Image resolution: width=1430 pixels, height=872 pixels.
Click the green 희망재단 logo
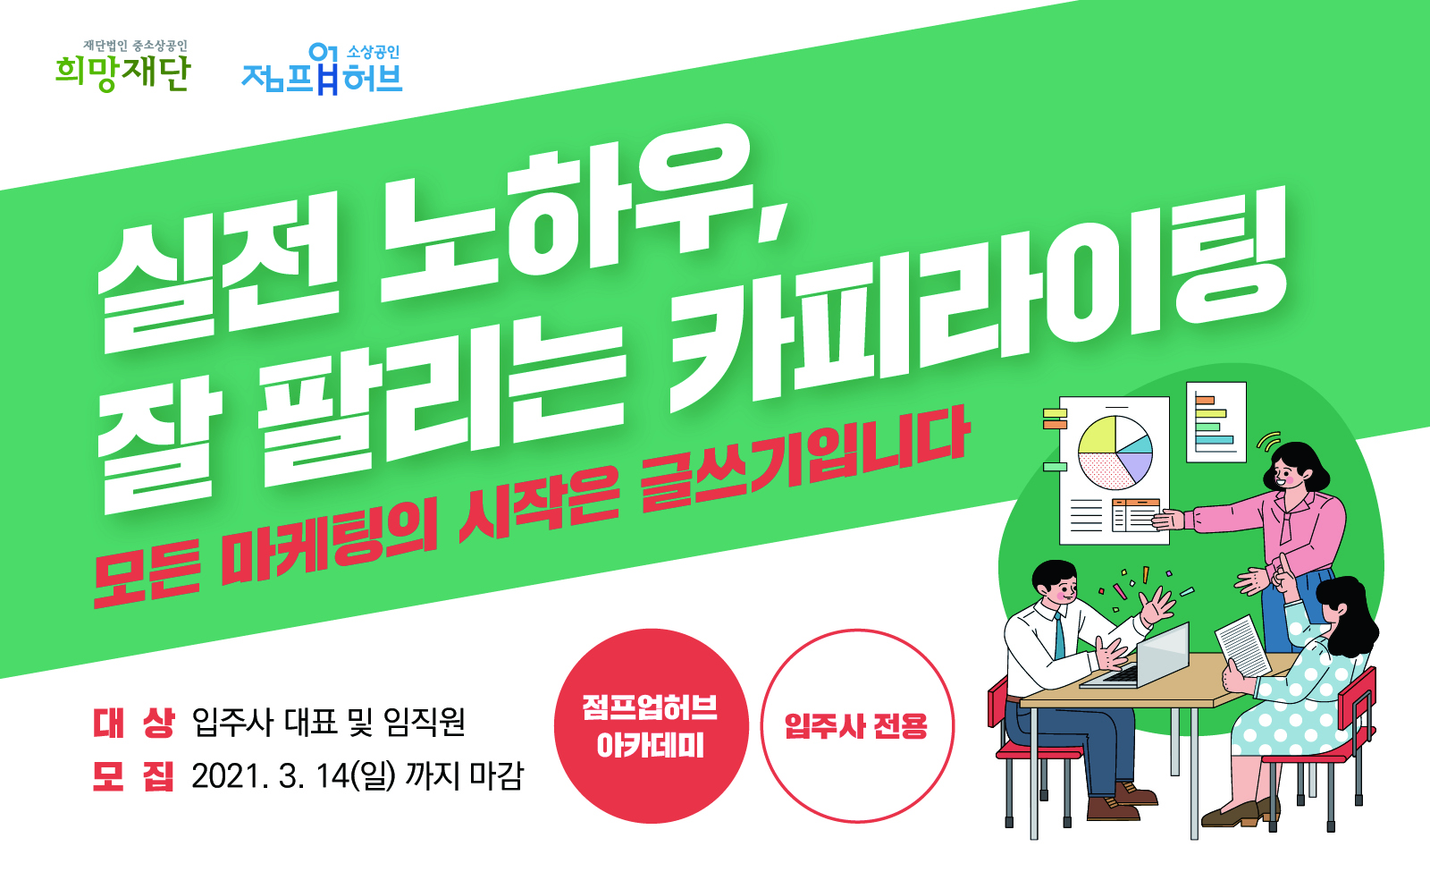(x=122, y=66)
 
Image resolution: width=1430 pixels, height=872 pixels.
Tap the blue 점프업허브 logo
(x=322, y=69)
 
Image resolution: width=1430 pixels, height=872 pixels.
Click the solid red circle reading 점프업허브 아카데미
(x=651, y=725)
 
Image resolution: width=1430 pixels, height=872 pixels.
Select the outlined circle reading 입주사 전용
(x=857, y=725)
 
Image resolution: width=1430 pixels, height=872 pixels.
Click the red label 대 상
(x=133, y=724)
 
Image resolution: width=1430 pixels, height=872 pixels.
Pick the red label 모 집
(x=133, y=775)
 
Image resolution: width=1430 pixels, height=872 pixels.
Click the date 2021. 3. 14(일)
(x=294, y=776)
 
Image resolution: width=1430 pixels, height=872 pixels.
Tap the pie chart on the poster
(x=1115, y=453)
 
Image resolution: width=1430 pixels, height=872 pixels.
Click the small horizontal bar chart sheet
(x=1216, y=421)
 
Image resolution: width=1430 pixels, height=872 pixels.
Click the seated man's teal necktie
(x=1059, y=636)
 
